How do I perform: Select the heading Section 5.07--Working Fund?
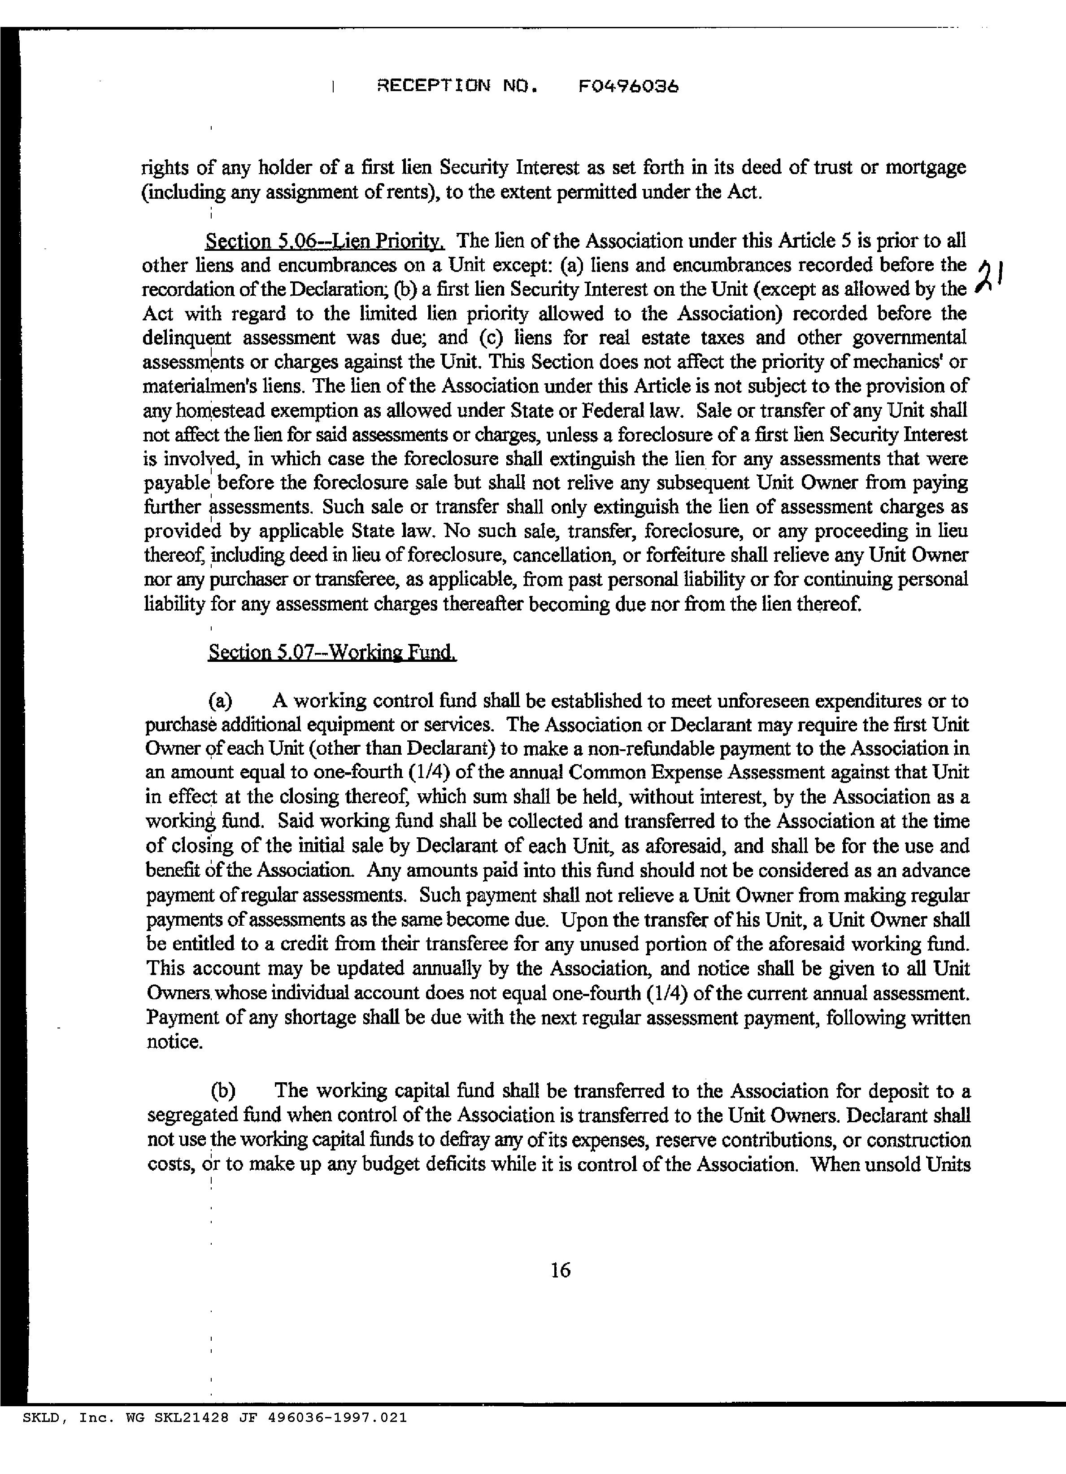(x=332, y=652)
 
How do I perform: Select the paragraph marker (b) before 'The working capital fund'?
(x=222, y=1090)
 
